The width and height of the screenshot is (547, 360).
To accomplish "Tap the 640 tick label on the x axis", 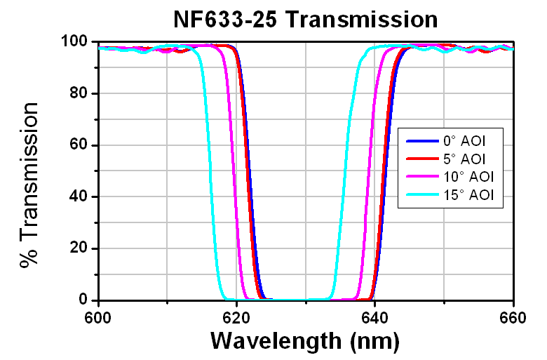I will [374, 316].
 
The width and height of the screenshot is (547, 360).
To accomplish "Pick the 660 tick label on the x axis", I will [513, 316].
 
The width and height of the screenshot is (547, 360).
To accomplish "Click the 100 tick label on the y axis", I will [74, 42].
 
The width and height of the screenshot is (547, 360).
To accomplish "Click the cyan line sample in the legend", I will [419, 196].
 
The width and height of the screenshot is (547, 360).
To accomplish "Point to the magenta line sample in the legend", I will [419, 178].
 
